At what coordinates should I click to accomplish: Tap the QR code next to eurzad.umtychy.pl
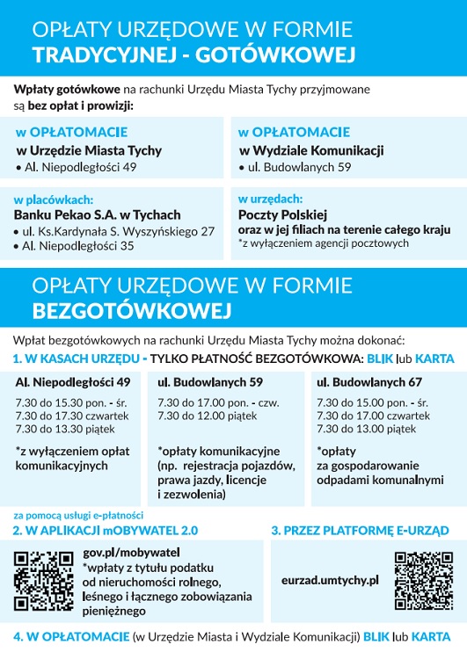coord(424,580)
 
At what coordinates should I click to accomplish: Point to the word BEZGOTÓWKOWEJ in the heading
coord(131,310)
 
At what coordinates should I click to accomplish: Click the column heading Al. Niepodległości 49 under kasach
coord(73,382)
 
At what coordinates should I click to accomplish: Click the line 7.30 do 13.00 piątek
coord(366,429)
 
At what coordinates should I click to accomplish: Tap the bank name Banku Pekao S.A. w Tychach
coord(98,214)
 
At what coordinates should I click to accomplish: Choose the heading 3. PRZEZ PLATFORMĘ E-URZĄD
coord(360,531)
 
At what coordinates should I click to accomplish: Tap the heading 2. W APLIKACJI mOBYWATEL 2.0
coord(106,531)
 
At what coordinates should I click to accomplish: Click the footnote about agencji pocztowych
coord(324,243)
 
